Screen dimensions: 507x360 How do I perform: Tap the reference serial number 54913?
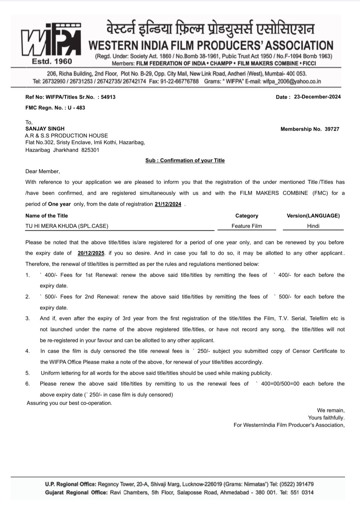click(108, 97)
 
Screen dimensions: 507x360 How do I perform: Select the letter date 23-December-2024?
click(317, 97)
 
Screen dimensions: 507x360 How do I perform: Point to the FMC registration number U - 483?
click(76, 108)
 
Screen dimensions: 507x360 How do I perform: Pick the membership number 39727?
click(332, 129)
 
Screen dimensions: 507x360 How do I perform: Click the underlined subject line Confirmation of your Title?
click(185, 160)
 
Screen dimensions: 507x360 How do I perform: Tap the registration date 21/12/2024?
click(168, 204)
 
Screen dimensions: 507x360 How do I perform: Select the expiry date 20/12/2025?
click(91, 253)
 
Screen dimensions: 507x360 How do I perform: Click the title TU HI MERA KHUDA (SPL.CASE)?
click(67, 226)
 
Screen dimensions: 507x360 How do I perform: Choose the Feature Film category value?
click(247, 226)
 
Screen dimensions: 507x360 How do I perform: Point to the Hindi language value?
click(313, 226)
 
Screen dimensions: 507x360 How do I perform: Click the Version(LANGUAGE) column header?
click(313, 216)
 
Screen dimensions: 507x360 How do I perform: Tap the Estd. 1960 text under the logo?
click(52, 61)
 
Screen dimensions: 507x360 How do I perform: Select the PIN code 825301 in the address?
click(90, 150)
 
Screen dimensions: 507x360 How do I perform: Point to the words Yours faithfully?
click(326, 418)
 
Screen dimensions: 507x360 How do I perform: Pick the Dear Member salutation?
click(42, 171)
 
